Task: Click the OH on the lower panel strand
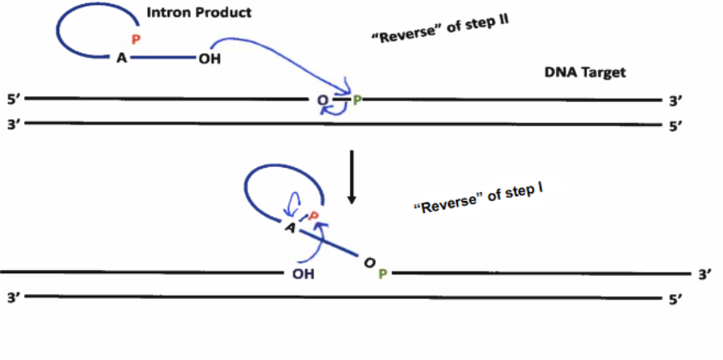303,273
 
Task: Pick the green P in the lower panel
382,273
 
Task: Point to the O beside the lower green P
368,263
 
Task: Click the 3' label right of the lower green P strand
705,274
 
